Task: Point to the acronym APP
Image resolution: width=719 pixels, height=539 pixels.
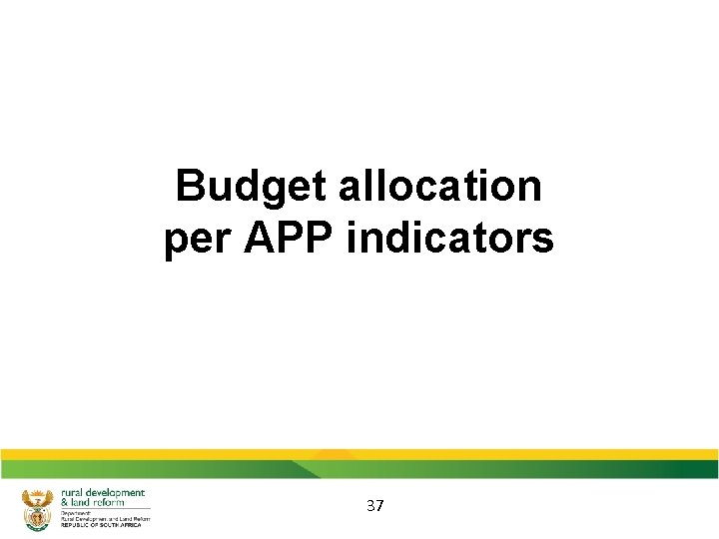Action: [x=281, y=239]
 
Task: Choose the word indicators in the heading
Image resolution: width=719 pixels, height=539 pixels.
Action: [x=449, y=239]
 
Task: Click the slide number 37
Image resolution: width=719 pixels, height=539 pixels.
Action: [x=374, y=506]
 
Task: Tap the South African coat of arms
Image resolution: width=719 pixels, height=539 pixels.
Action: [x=37, y=508]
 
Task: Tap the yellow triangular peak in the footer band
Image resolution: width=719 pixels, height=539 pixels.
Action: [x=336, y=456]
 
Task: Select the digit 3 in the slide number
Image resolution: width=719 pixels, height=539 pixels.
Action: [x=369, y=506]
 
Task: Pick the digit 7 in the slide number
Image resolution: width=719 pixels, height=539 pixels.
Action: [x=379, y=506]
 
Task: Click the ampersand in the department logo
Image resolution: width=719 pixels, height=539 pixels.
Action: [x=65, y=502]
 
